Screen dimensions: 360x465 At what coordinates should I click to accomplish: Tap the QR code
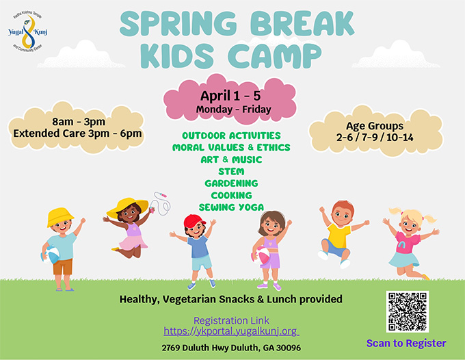point(407,311)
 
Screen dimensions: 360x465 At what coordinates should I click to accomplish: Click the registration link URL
point(231,331)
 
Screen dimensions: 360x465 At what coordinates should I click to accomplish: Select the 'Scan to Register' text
point(406,343)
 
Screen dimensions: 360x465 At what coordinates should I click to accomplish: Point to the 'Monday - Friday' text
point(233,110)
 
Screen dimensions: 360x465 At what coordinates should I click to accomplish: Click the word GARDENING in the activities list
point(231,183)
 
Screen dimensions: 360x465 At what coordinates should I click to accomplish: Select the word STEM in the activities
point(231,171)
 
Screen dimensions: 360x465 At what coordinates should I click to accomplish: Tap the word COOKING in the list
point(231,195)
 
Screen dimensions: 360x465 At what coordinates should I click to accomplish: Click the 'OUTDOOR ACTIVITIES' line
point(231,136)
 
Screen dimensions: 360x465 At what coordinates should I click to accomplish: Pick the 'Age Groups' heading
point(374,126)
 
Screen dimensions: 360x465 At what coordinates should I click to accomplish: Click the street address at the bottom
point(231,348)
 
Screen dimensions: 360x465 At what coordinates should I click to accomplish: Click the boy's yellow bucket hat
point(60,217)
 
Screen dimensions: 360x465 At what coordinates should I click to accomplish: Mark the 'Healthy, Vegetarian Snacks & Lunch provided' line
point(231,299)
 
